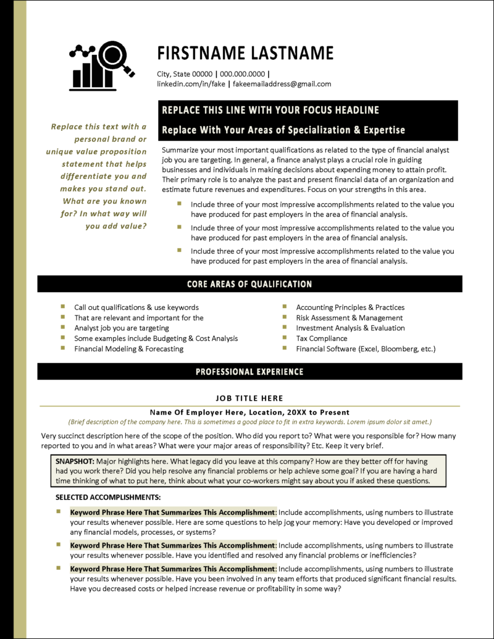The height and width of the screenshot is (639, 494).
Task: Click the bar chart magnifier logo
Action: coord(103,66)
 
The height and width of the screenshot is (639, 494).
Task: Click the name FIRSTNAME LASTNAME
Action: coord(245,52)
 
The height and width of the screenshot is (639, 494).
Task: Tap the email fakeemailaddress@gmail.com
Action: coord(283,84)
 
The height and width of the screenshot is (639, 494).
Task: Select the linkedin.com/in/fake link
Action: coord(191,84)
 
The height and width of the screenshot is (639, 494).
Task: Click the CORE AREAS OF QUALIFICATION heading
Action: coord(249,284)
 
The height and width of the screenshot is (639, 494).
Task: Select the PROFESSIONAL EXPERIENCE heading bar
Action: coord(249,372)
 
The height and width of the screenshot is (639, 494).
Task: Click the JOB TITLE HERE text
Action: coord(249,398)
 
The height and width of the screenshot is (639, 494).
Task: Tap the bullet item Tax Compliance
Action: coord(321,338)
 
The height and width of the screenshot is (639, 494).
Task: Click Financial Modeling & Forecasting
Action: coord(128,349)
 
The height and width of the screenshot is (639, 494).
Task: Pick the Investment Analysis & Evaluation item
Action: coord(350,328)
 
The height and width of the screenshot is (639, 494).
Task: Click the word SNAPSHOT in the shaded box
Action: coord(75,461)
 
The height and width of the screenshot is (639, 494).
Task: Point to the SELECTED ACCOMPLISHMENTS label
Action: coord(108,497)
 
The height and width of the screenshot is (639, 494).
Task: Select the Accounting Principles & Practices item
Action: coord(350,307)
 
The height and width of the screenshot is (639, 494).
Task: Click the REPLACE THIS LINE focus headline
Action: coord(270,111)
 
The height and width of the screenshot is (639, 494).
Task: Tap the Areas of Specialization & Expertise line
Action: coord(283,130)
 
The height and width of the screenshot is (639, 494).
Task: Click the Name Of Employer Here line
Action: coord(249,412)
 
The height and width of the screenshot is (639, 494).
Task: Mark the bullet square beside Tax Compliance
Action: coord(285,338)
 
